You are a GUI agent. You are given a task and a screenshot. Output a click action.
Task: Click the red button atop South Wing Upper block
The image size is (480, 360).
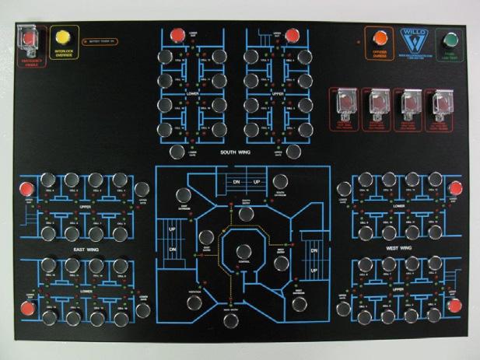click(290, 35)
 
